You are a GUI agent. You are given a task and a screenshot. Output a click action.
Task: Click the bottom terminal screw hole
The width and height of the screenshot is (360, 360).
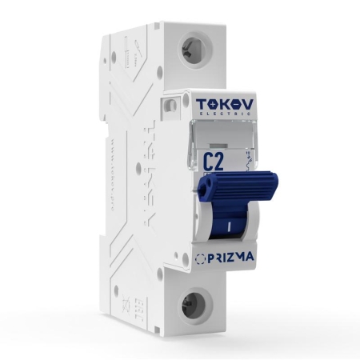(192, 304)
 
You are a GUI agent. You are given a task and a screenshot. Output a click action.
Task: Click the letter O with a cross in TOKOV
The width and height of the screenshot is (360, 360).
(215, 104)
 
